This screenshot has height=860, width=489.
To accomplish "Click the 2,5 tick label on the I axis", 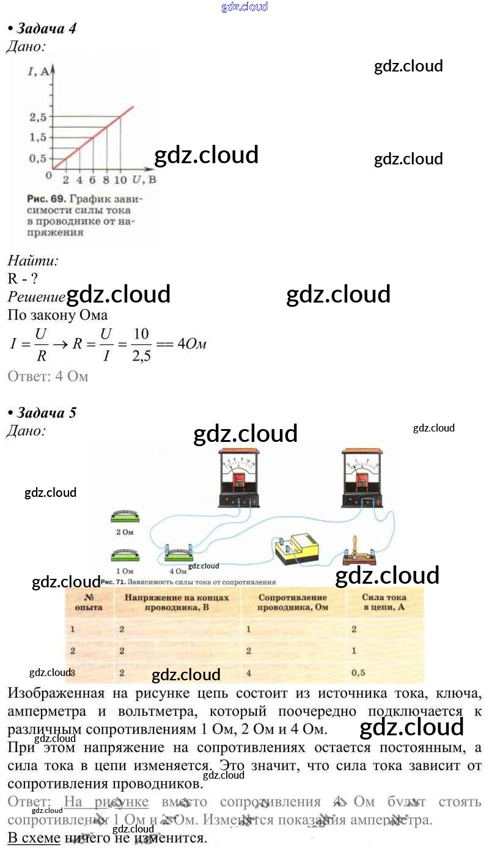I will click(x=37, y=116).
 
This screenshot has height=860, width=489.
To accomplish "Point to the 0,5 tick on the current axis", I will click(x=37, y=158).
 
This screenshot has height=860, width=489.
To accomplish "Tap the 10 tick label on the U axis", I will click(x=120, y=180).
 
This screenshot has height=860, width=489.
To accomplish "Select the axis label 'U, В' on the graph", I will click(x=144, y=180).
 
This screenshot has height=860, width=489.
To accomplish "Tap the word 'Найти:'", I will click(x=33, y=261).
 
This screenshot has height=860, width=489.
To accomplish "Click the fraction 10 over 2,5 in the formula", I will click(x=141, y=344).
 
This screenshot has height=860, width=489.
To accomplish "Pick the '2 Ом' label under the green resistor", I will click(x=125, y=532).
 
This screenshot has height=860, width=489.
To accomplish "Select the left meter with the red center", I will click(x=238, y=479).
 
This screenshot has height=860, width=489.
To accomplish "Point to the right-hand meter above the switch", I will click(x=362, y=479).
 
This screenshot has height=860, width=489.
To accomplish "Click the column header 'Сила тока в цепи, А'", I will click(x=384, y=602).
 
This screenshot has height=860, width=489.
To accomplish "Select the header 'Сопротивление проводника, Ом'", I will click(x=292, y=602).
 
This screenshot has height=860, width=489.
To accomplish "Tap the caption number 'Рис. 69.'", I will click(x=47, y=199).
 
